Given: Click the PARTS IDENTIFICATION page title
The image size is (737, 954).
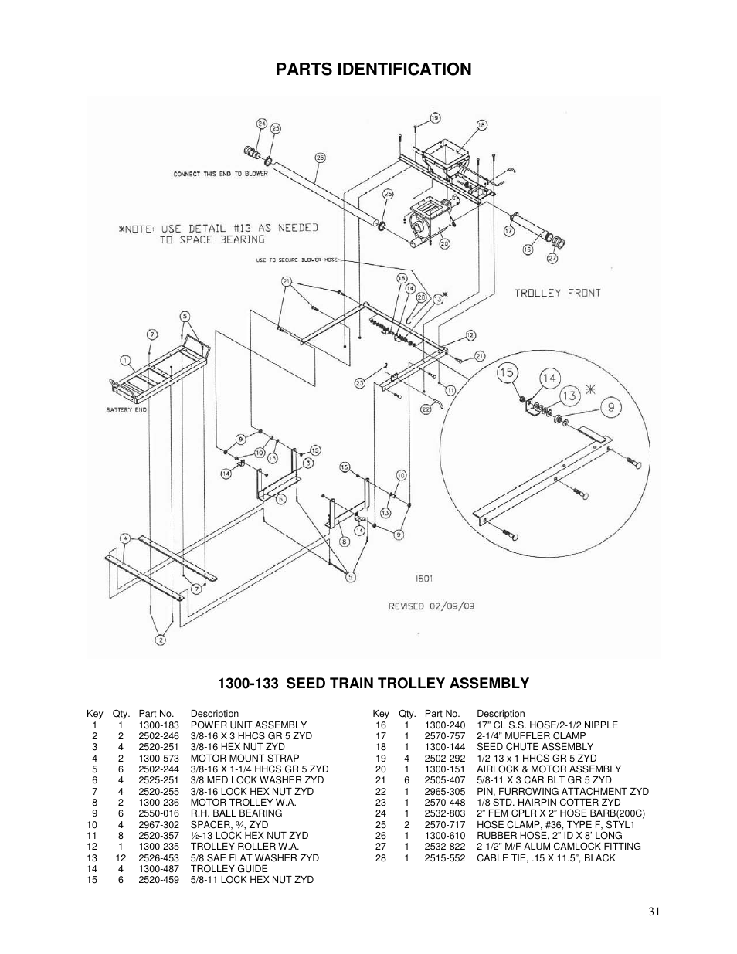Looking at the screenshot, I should click(372, 70).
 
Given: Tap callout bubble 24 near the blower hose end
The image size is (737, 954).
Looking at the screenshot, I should click(262, 124).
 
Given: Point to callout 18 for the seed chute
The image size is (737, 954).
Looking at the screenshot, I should click(481, 124).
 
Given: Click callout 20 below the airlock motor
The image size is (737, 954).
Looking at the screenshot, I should click(444, 243).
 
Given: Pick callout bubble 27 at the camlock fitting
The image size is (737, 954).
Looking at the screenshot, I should click(552, 258).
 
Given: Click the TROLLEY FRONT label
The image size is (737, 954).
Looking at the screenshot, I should click(557, 293).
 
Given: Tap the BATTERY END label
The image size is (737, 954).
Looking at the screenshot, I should click(126, 409).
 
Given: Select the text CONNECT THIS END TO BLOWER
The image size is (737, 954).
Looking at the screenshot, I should click(220, 174).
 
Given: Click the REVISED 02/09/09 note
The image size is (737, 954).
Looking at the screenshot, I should click(431, 606).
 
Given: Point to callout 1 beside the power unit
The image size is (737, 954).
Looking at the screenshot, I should click(124, 360).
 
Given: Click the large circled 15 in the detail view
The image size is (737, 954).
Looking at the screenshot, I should click(507, 373).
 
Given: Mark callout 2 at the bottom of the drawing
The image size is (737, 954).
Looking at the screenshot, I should click(161, 639).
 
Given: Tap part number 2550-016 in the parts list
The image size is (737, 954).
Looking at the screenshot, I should click(158, 813).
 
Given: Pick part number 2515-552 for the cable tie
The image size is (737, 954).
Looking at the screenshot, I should click(444, 858).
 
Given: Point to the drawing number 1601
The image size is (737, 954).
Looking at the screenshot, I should click(423, 576).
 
